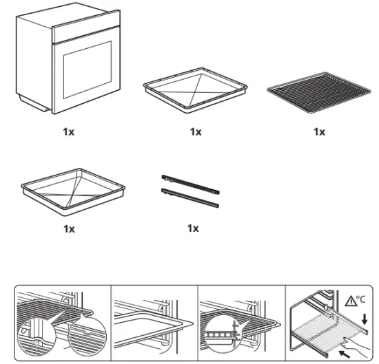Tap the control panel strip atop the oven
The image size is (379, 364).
pos(86,32)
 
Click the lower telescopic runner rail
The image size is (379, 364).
pos(190,197)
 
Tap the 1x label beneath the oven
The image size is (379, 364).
pos(68,131)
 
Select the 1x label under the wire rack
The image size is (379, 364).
pos(318,131)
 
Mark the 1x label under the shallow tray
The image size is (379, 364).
pos(196,131)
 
